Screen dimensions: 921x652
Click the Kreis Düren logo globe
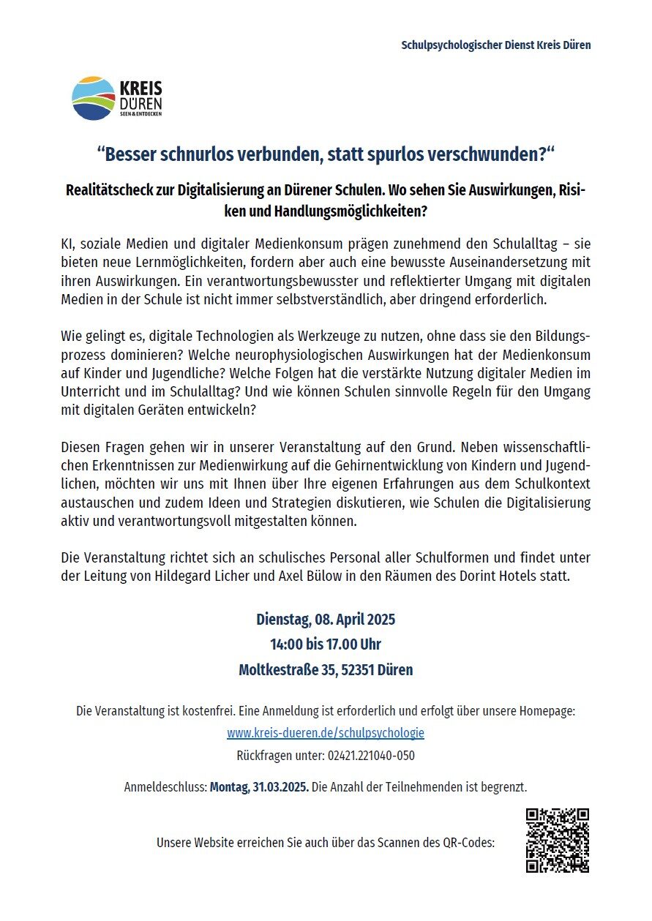tap(94, 98)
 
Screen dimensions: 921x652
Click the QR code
tap(558, 841)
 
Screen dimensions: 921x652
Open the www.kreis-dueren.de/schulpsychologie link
tap(326, 732)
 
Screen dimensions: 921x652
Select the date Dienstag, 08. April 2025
tap(326, 620)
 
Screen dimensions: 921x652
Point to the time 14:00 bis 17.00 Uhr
tap(326, 644)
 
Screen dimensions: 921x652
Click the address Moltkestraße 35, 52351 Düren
tap(326, 669)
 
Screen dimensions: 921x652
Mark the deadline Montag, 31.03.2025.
tap(259, 787)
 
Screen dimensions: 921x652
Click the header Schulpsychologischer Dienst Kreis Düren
tap(495, 45)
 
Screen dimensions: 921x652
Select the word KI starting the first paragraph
tap(67, 243)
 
